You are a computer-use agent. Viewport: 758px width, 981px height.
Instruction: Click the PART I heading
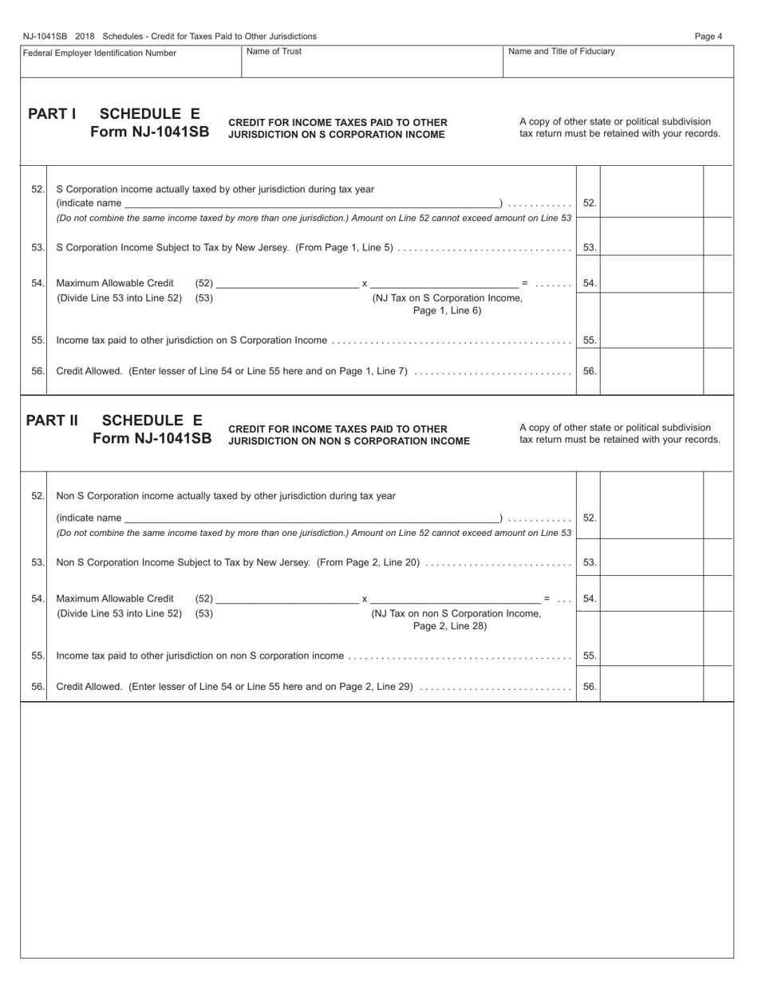[52, 114]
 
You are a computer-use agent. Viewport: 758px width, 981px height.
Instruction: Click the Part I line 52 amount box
[651, 203]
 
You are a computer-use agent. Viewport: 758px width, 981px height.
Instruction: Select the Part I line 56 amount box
[651, 371]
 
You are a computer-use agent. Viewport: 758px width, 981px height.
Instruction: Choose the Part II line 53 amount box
[651, 562]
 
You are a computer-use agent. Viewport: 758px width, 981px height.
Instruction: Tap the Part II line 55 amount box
[651, 656]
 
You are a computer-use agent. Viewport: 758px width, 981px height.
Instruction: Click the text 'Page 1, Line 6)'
[447, 311]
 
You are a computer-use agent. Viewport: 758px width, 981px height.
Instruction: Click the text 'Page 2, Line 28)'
[449, 626]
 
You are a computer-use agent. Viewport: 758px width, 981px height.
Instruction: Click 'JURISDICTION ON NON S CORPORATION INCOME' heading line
[349, 441]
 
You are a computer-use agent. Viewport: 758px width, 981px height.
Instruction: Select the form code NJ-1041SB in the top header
[45, 36]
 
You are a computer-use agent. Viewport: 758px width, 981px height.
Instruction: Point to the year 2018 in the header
[85, 36]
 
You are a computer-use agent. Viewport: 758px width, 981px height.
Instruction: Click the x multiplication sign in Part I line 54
[365, 283]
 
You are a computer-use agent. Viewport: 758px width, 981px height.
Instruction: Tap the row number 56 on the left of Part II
[38, 687]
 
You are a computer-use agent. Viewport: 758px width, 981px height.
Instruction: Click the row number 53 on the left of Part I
[38, 247]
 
